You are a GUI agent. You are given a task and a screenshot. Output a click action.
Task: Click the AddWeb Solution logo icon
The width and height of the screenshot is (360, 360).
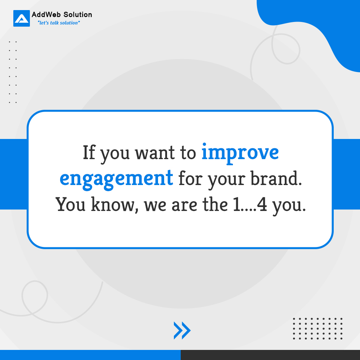pos(22,18)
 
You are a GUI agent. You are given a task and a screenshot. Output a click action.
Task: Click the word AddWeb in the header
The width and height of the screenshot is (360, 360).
pos(45,15)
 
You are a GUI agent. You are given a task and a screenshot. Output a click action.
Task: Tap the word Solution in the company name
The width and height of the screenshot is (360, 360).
pos(76,15)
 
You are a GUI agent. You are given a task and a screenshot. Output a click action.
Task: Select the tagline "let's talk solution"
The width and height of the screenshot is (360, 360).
pos(59,23)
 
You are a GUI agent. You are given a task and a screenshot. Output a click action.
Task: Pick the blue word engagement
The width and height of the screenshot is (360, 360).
pos(116,178)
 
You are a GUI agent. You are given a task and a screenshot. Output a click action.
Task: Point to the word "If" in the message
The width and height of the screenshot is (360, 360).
pos(89,153)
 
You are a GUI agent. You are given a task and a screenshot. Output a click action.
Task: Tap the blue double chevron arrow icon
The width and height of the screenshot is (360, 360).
pos(182,330)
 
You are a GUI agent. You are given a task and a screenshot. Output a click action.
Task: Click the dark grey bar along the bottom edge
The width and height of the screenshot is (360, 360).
pos(270,355)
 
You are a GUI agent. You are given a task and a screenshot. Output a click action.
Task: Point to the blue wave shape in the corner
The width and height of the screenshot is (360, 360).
pos(317,25)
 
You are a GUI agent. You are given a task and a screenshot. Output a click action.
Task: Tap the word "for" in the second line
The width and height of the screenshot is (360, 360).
pos(190,178)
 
